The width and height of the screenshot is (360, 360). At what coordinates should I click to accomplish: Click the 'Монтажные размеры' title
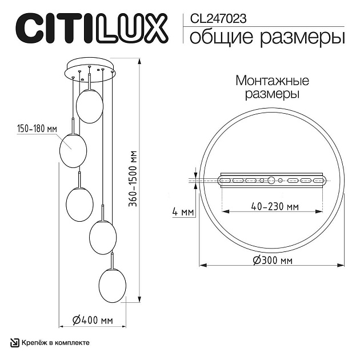268,87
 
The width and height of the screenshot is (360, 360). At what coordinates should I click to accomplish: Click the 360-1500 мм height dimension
133,177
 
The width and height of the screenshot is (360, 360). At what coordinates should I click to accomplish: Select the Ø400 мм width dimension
94,321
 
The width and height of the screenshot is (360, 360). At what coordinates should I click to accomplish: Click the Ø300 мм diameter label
272,261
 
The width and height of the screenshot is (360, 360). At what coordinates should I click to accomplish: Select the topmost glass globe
90,106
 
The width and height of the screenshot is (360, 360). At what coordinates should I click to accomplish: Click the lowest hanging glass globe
112,283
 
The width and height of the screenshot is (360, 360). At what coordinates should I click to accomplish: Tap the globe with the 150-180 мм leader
73,150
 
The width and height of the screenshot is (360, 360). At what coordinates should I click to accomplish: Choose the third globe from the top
79,204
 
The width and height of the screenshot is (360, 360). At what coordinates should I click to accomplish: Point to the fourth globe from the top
103,237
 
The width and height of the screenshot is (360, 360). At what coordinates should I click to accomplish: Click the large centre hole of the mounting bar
271,181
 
